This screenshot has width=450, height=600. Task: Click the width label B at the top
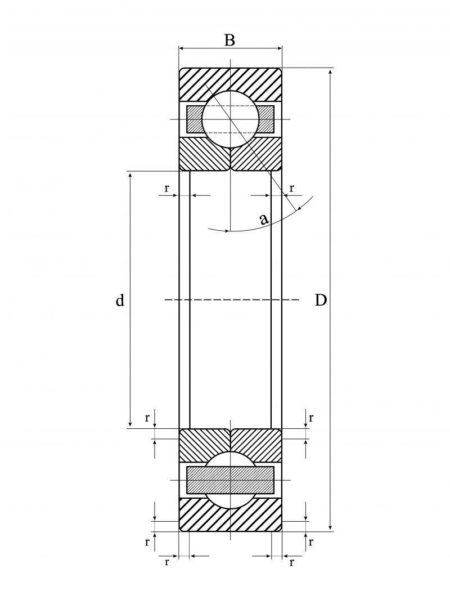tap(229, 41)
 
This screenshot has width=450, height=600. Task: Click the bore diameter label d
tap(120, 301)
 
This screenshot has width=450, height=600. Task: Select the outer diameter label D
tap(320, 301)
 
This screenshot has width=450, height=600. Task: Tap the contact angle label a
tap(264, 219)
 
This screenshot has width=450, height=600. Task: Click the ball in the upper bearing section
tap(231, 119)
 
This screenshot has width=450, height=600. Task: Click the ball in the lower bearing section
tap(231, 480)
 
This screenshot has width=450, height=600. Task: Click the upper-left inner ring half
tap(202, 154)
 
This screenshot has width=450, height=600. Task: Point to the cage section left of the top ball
tap(194, 119)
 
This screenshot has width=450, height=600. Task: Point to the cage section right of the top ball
tap(267, 119)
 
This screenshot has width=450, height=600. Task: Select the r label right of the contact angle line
tap(291, 187)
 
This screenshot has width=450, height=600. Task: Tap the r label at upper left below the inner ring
tap(166, 188)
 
